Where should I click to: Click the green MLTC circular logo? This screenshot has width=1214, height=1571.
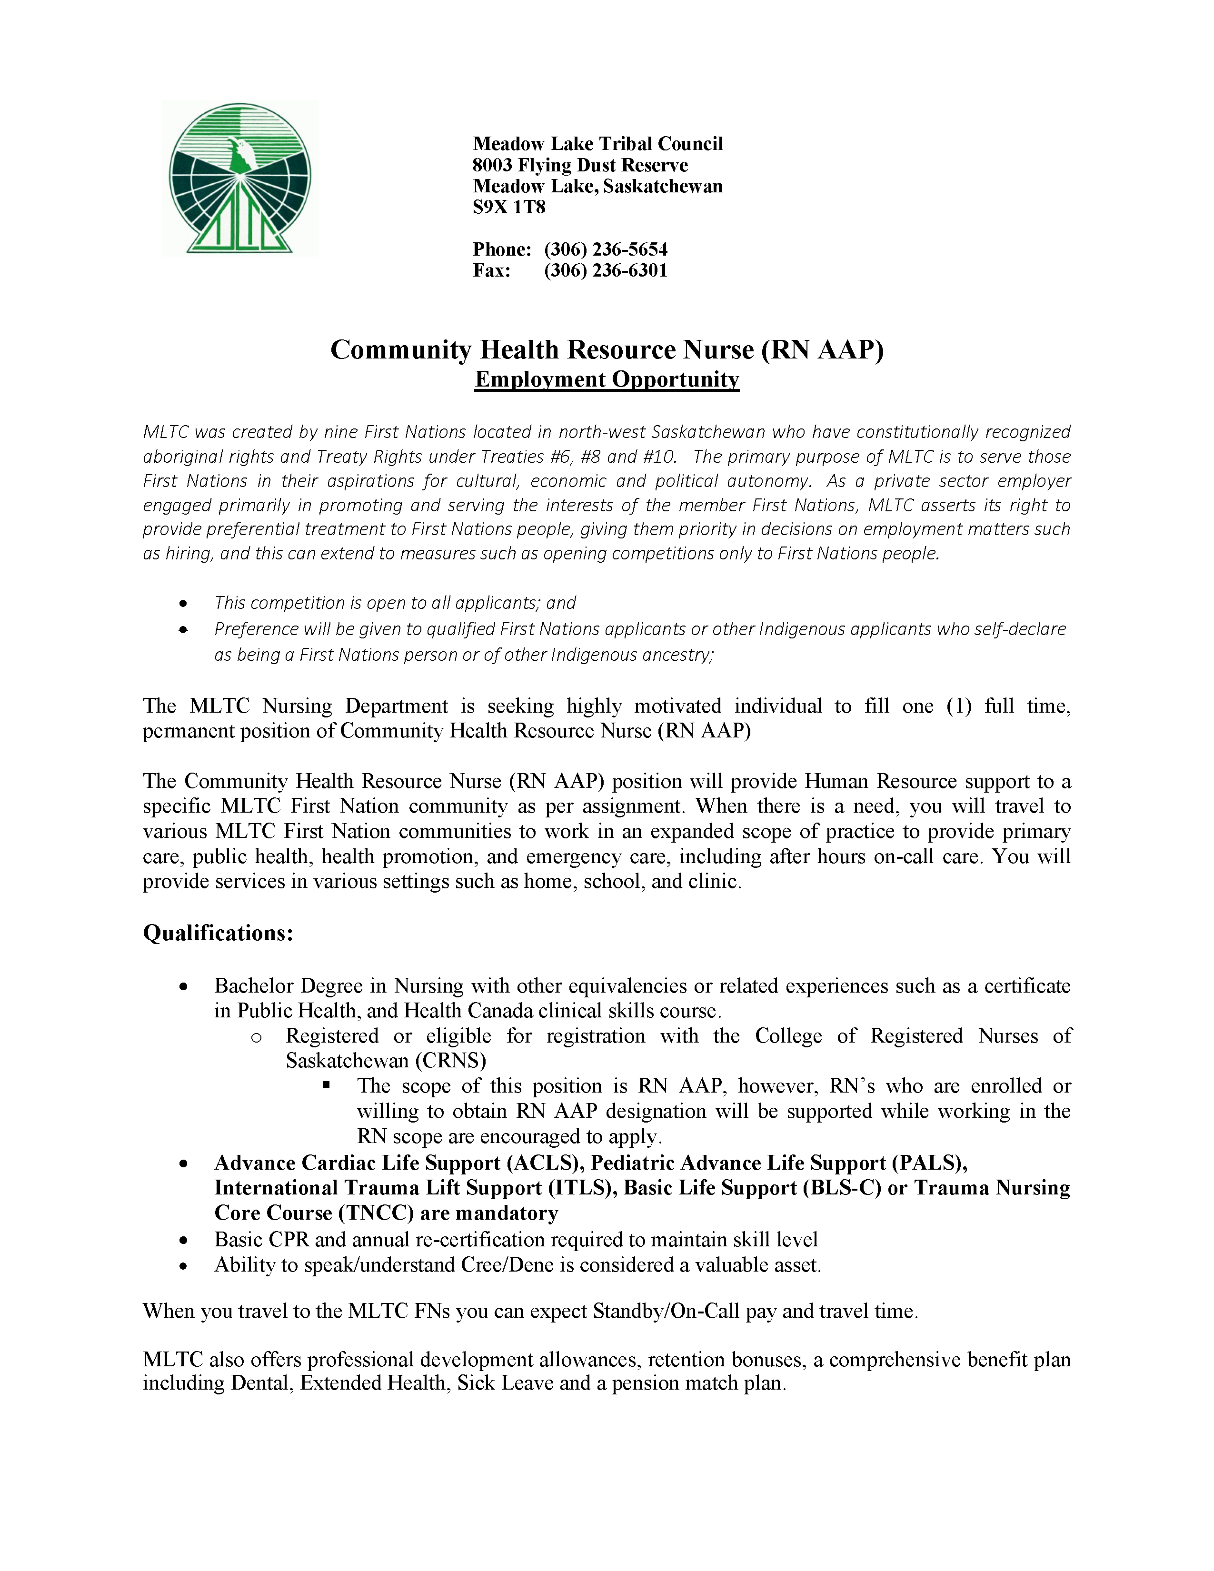pyautogui.click(x=239, y=178)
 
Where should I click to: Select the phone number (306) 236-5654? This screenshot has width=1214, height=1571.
pyautogui.click(x=606, y=249)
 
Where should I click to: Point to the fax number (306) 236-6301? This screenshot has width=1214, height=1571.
pyautogui.click(x=606, y=270)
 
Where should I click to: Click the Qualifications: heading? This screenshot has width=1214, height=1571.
pyautogui.click(x=218, y=933)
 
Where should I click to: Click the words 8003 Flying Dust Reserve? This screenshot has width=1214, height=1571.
pyautogui.click(x=580, y=166)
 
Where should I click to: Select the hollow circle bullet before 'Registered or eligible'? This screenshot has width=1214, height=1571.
pyautogui.click(x=256, y=1036)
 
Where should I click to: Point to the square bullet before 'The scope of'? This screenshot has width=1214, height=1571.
pyautogui.click(x=327, y=1085)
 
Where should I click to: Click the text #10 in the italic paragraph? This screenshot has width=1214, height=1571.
pyautogui.click(x=658, y=457)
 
